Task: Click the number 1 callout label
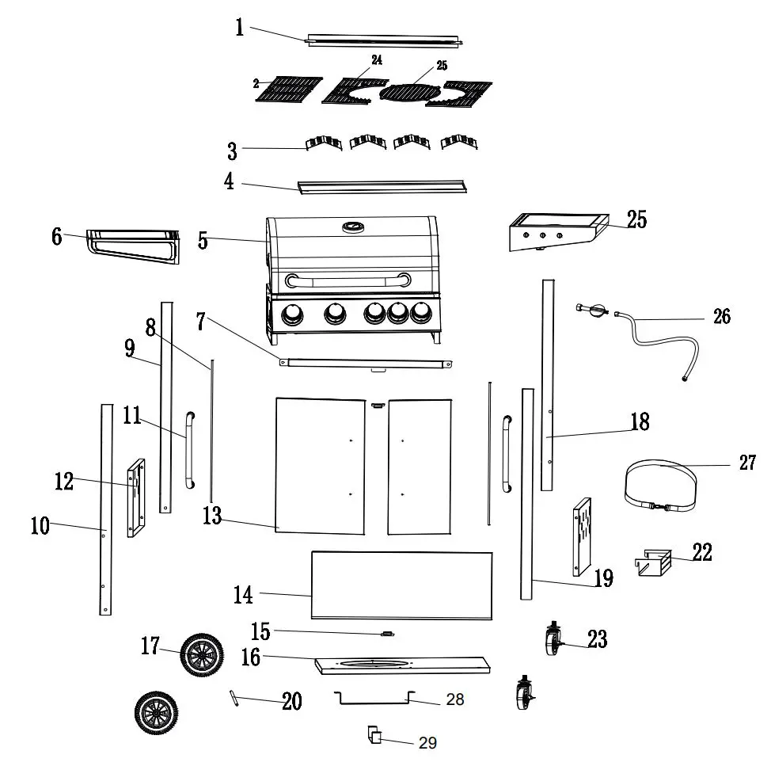coord(239,28)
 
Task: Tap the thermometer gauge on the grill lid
coord(351,227)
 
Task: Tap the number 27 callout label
coord(747,463)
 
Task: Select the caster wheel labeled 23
coord(552,638)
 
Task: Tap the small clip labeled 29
coord(374,737)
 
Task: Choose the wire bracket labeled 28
coord(374,698)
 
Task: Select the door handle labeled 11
coord(188,449)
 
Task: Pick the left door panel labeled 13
coord(320,466)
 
